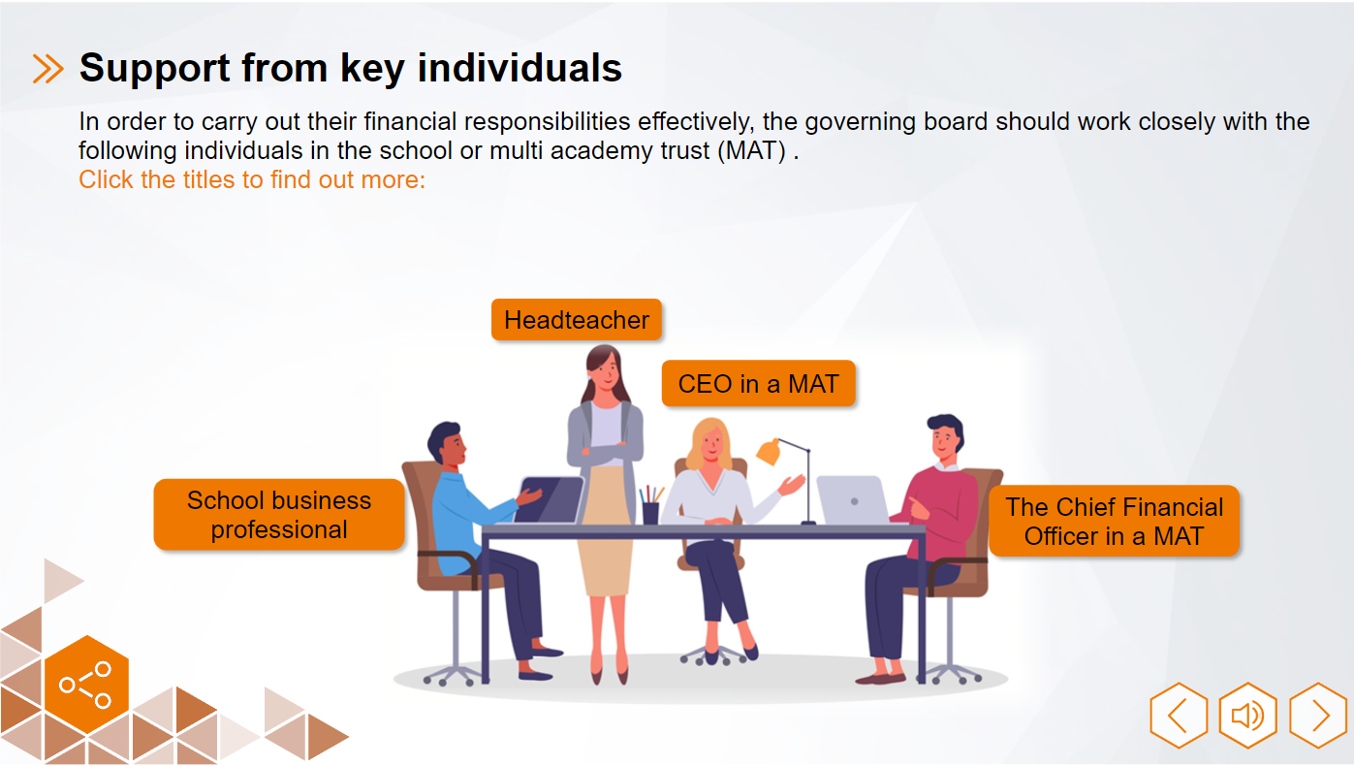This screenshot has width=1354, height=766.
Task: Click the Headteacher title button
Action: (577, 320)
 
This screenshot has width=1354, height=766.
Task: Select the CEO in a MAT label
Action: (758, 384)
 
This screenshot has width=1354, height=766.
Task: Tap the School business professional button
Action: (279, 515)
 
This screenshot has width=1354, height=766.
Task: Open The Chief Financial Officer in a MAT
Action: (1114, 522)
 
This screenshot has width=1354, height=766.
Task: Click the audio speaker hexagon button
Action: (1247, 716)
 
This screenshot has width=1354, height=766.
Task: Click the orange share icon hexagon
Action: (86, 685)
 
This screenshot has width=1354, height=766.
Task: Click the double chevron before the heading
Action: (47, 69)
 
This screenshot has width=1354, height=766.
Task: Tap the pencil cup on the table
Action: (650, 511)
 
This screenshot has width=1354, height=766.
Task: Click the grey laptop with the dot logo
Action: (853, 500)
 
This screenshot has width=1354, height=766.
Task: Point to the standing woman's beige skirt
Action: (603, 528)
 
